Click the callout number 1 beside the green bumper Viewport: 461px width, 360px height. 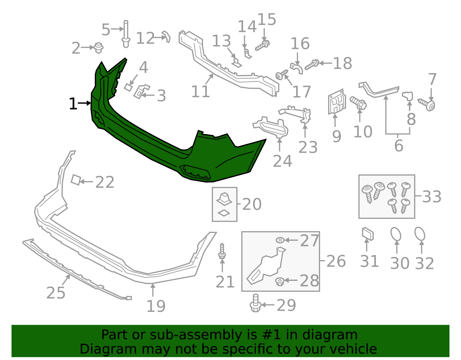coord(73,104)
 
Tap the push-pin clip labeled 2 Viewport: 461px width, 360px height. coord(99,48)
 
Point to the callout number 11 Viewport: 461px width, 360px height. coord(200,92)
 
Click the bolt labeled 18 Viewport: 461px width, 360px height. coord(311,64)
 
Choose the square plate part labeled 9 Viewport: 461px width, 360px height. coord(337,101)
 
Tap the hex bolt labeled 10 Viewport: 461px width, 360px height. coord(358,103)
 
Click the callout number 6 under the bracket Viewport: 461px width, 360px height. coord(398,146)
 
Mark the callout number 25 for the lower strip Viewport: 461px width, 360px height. coord(56,293)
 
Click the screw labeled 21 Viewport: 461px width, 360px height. coord(222,251)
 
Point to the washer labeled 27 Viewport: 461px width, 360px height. coord(280,240)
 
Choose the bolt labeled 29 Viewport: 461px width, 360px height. coord(255,303)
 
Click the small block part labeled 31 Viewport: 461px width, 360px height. coord(367,234)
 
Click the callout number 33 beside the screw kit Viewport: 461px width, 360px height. coord(432,197)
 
